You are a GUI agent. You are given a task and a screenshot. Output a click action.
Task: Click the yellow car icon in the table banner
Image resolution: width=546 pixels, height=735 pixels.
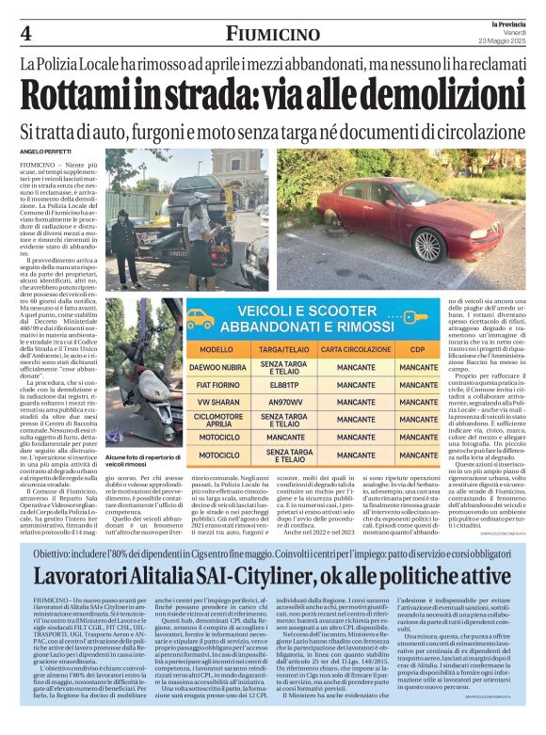click(x=200, y=317)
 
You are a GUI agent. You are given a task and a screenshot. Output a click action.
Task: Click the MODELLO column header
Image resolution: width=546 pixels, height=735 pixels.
click(x=217, y=348)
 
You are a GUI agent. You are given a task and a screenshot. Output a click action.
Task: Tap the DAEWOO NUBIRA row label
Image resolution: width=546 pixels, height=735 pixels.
click(x=217, y=366)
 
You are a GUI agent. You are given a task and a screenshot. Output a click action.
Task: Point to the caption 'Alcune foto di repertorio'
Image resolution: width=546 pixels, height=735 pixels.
click(x=139, y=483)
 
